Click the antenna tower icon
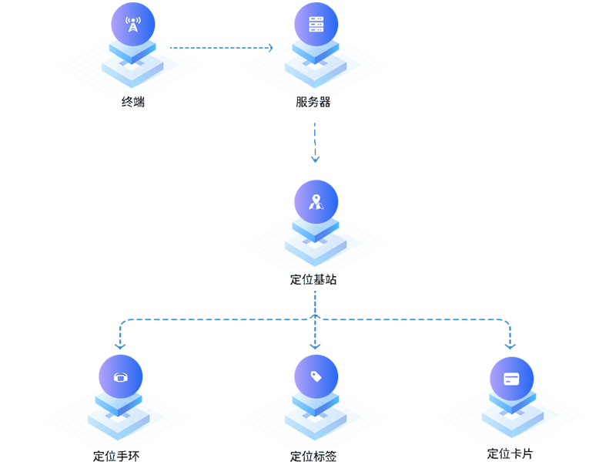[x=132, y=25]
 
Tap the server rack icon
[x=315, y=24]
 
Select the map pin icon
[x=315, y=202]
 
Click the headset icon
[x=121, y=378]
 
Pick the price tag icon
[x=315, y=376]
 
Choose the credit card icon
[x=511, y=379]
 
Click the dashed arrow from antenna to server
[x=223, y=48]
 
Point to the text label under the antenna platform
[x=135, y=100]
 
